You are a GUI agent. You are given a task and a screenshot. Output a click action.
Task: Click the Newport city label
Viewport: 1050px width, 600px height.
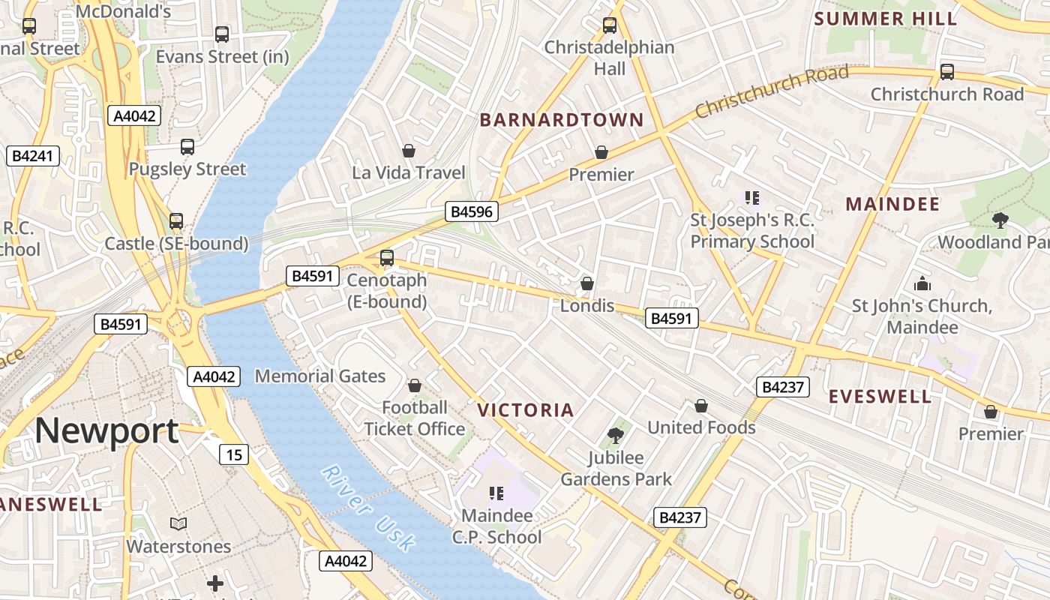coord(106,430)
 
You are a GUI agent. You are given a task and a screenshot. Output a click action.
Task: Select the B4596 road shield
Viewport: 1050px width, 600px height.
coord(471,211)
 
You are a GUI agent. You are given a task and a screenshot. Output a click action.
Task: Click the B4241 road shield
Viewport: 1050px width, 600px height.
coord(32,156)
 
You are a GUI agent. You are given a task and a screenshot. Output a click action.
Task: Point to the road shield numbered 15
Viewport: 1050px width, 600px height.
coord(234,454)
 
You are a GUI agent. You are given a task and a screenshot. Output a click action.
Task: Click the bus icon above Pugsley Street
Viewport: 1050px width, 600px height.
coord(187,147)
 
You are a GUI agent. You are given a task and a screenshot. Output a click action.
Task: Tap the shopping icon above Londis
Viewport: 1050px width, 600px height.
coord(587,283)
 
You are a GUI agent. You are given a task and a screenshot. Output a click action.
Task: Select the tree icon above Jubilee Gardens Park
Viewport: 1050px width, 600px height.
coord(616,435)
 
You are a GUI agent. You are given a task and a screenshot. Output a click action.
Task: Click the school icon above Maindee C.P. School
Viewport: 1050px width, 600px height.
coord(496,493)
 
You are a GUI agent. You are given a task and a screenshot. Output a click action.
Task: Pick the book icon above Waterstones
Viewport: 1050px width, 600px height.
coord(178,523)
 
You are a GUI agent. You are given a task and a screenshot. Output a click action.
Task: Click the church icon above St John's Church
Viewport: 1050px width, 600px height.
coord(922,283)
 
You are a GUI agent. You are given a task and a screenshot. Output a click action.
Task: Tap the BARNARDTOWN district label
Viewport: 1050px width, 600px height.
coord(562,120)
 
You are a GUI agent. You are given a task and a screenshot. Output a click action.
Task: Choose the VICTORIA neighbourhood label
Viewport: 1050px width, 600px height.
coord(526,410)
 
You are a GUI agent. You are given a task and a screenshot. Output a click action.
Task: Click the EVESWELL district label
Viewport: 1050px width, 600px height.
coord(880,397)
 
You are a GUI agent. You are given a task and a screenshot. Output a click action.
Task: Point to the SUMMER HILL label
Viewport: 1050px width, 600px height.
coord(886,19)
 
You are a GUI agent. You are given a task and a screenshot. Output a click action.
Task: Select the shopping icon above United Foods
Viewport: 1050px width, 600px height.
coord(700,406)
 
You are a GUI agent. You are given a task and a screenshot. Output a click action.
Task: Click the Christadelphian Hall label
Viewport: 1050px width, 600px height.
coord(609,58)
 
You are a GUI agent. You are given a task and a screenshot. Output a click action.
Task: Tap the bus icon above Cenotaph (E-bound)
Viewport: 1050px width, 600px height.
coord(387,258)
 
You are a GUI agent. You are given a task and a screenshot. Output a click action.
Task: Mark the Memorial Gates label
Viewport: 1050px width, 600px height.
coord(320,376)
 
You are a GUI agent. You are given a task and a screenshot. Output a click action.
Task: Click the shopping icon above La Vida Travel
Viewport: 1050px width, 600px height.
coord(409,151)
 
